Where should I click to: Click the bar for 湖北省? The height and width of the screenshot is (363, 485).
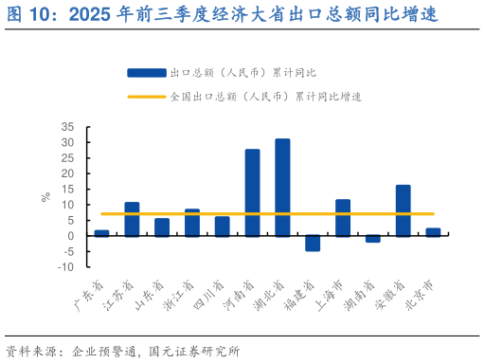click(282, 187)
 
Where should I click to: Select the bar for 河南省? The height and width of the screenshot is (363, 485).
click(252, 192)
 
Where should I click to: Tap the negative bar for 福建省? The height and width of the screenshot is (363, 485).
click(313, 244)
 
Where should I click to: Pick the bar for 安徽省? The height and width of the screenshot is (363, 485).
click(403, 210)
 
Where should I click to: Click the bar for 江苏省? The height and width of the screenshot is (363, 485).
click(132, 219)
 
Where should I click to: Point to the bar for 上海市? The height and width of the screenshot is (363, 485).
click(343, 218)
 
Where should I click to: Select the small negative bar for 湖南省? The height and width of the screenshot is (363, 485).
click(373, 239)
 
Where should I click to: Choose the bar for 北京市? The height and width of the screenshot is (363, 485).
click(433, 232)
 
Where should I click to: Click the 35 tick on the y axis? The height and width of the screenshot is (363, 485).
click(67, 127)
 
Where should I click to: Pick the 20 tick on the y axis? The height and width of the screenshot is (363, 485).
click(67, 173)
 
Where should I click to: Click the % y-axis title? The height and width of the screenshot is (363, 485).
click(45, 197)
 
